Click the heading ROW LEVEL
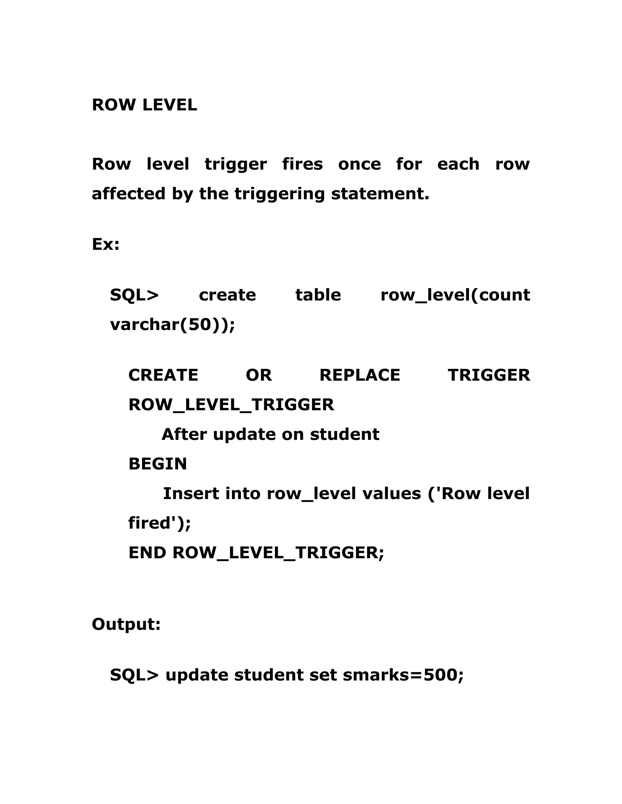(145, 105)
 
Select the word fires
(302, 164)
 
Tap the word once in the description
(359, 164)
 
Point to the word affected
(128, 194)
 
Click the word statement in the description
(380, 194)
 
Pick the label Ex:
(106, 244)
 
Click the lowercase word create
(227, 295)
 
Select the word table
(318, 295)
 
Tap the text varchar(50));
(173, 325)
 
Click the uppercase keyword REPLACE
(360, 375)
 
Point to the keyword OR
(259, 375)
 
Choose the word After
(184, 434)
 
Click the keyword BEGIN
(158, 464)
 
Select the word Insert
(191, 493)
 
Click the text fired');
(159, 523)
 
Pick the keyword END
(147, 552)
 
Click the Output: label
(126, 624)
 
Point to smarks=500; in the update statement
(403, 675)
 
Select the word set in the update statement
(323, 675)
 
